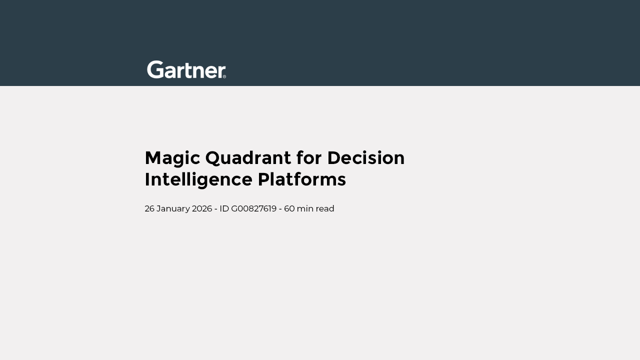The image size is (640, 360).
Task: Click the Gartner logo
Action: [x=186, y=69]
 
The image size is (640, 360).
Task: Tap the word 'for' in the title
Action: [x=309, y=157]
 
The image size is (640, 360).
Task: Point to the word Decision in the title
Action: [x=366, y=157]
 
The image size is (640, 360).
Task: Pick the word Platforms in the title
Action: [x=301, y=179]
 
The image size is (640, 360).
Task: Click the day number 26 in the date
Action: [x=149, y=208]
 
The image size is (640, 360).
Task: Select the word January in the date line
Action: [x=173, y=209]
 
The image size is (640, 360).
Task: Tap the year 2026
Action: [x=202, y=208]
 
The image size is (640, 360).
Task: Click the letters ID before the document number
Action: [x=224, y=208]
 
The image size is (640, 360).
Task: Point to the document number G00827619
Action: [x=253, y=208]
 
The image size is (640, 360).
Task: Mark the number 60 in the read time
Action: [x=289, y=208]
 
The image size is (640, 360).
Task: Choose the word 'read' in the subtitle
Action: [x=325, y=208]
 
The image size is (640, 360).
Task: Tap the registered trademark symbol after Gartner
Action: [x=224, y=76]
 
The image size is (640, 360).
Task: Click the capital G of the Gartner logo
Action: [x=155, y=69]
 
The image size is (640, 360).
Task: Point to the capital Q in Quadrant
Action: [x=214, y=158]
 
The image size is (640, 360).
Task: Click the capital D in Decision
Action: [x=335, y=158]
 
